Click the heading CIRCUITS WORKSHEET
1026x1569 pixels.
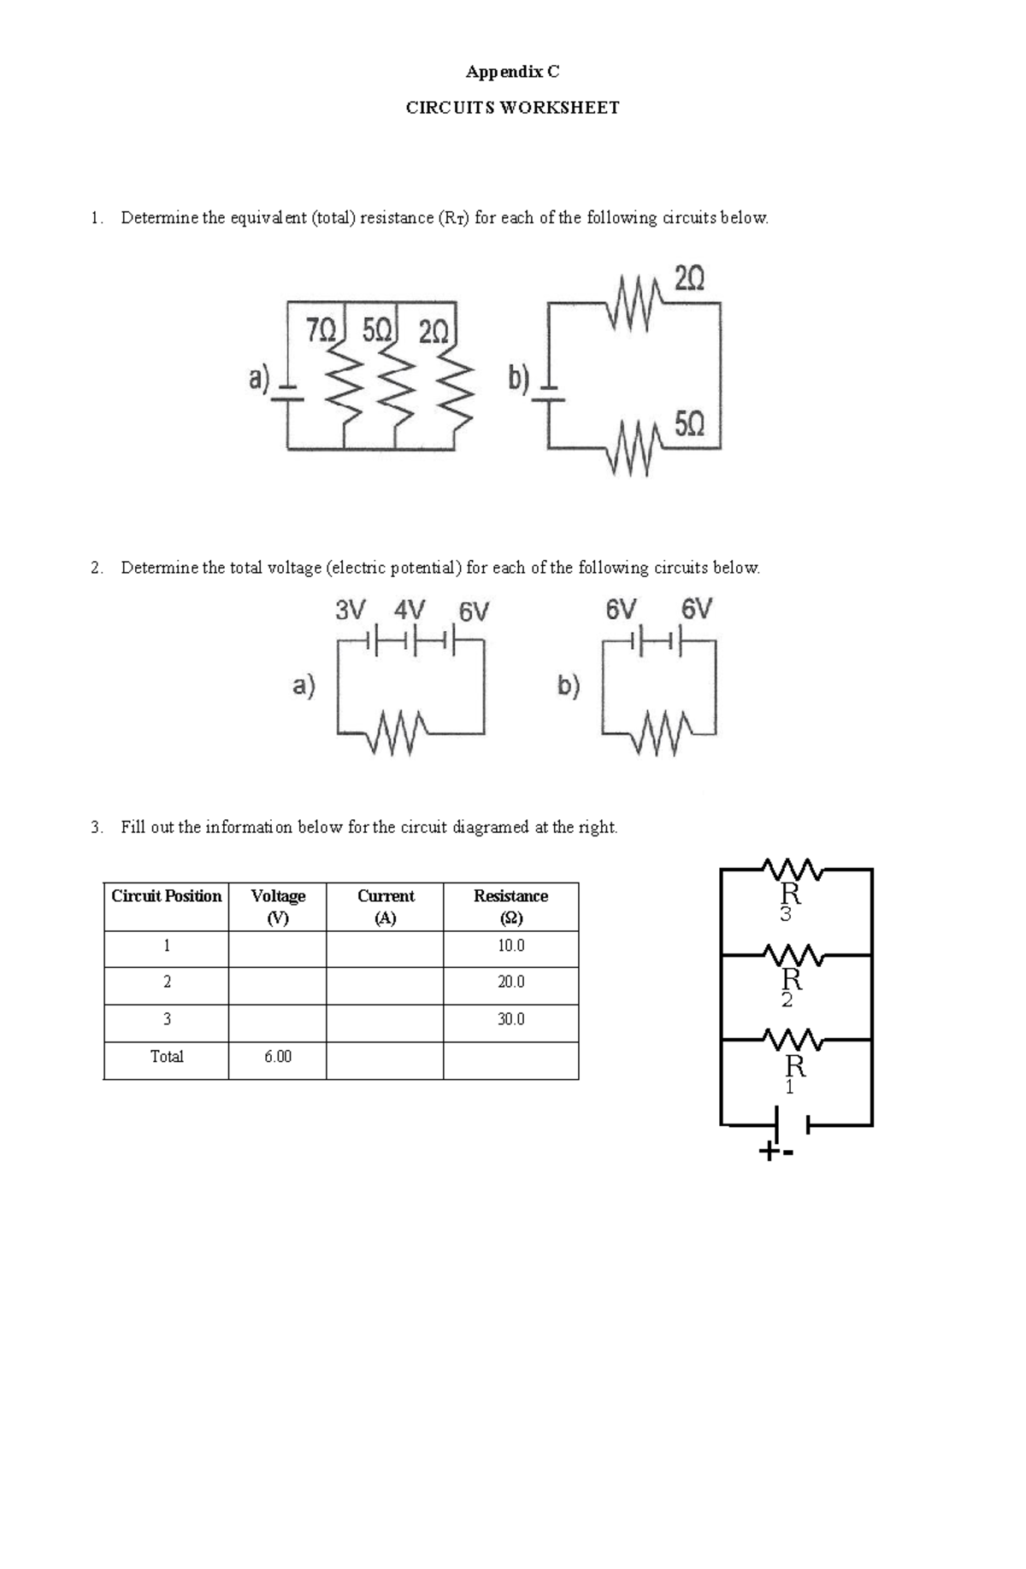point(512,108)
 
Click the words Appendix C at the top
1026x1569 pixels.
point(512,72)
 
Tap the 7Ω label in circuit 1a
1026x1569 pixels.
point(321,331)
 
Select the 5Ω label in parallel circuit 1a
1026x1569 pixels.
point(377,331)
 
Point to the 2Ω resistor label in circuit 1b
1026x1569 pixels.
point(689,279)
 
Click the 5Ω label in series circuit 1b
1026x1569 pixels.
point(689,424)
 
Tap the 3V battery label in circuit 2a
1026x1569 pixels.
point(351,610)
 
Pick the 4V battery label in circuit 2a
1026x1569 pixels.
point(410,610)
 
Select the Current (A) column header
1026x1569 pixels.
point(385,906)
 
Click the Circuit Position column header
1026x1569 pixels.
point(167,896)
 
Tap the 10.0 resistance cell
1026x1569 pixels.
point(510,946)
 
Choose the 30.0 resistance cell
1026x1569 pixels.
point(510,1019)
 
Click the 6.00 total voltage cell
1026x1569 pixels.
point(277,1057)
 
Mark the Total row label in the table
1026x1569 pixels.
point(167,1057)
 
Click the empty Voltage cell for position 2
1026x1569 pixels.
point(277,982)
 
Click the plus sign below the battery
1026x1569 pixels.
point(769,1152)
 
